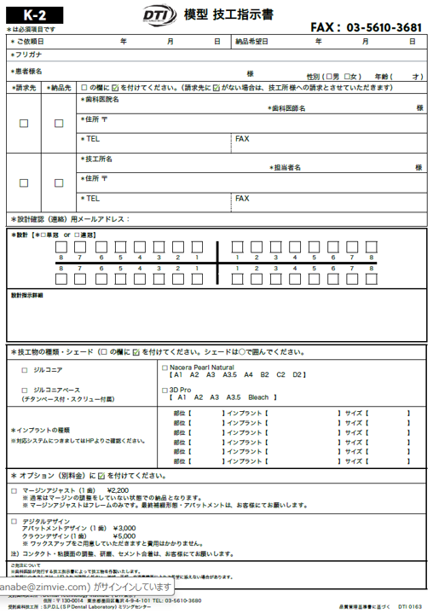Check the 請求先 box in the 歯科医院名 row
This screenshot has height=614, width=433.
click(23, 124)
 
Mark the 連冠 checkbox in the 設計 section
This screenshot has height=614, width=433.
click(78, 234)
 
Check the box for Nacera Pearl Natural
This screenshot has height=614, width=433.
click(165, 368)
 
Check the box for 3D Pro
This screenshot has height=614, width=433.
click(165, 390)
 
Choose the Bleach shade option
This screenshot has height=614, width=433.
click(257, 397)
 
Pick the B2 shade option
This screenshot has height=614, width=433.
click(265, 374)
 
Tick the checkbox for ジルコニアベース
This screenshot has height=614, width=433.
click(23, 390)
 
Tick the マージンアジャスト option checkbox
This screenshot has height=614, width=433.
click(14, 491)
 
